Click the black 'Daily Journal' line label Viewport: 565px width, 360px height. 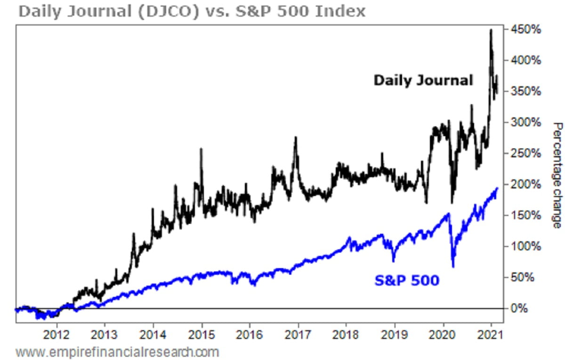click(x=423, y=81)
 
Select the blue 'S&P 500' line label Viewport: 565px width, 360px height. click(x=407, y=281)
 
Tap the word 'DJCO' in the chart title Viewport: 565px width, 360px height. click(x=176, y=10)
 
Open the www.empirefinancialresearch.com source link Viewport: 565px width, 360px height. click(x=117, y=352)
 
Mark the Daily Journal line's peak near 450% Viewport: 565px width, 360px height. click(x=491, y=30)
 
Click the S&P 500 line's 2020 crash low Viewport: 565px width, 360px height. click(x=453, y=267)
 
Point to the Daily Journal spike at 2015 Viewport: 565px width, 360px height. click(x=202, y=149)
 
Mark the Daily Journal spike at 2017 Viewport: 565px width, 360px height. click(x=295, y=137)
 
